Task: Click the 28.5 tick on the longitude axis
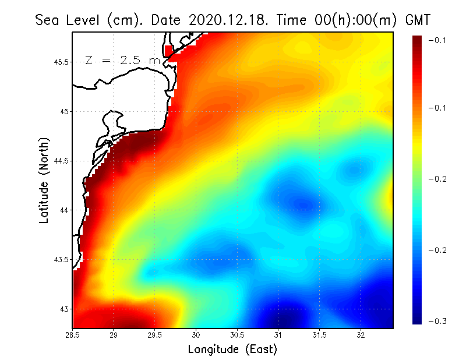[73, 334]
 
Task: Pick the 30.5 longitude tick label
[238, 334]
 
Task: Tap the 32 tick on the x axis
[361, 334]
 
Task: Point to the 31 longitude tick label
[278, 334]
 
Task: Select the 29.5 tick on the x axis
[155, 334]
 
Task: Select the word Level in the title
[84, 20]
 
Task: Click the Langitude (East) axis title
[232, 350]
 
